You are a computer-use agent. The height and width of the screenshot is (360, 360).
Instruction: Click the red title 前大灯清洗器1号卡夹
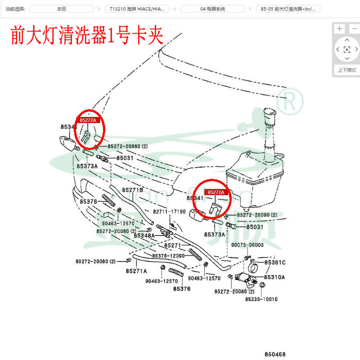click(x=86, y=35)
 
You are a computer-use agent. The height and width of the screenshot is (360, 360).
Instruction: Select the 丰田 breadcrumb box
click(x=62, y=9)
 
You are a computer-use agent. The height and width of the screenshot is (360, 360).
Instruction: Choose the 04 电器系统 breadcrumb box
click(x=213, y=9)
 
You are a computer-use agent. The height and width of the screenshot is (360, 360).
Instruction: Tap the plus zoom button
click(x=340, y=29)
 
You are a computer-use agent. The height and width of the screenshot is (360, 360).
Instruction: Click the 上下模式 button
click(x=346, y=70)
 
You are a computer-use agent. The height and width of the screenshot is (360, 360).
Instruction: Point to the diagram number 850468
click(x=275, y=354)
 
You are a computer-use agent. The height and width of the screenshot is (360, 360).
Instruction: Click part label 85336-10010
click(x=261, y=299)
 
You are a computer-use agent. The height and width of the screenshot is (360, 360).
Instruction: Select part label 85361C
click(x=275, y=262)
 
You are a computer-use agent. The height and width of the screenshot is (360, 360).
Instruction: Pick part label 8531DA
click(x=274, y=277)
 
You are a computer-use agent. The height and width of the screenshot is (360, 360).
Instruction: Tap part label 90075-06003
click(x=247, y=245)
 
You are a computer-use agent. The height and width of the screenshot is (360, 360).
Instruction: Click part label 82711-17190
click(x=169, y=212)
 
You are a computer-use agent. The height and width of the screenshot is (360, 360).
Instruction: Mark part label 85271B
click(x=132, y=190)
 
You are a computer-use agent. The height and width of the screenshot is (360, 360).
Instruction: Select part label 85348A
click(x=144, y=236)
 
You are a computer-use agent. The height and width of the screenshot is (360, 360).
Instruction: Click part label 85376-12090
click(x=169, y=256)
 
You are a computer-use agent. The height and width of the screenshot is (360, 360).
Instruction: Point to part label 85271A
click(x=136, y=271)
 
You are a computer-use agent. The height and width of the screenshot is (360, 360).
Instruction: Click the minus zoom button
click(x=353, y=29)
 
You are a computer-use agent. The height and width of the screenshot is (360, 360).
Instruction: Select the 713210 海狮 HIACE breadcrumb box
click(x=137, y=9)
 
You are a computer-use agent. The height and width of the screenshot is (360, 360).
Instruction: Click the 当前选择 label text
click(x=15, y=9)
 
